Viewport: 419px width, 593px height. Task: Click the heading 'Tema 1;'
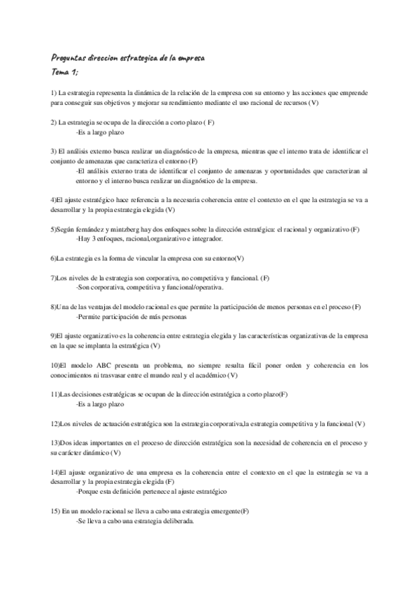click(64, 72)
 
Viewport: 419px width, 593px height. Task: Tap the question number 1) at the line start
click(54, 93)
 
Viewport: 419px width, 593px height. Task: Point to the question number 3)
click(54, 150)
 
